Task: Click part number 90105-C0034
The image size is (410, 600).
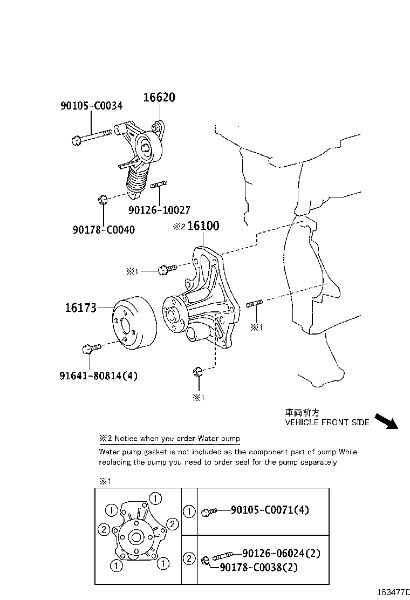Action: coord(91,106)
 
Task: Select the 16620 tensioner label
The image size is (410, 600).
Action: coord(159,98)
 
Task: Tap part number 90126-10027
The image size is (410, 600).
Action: coord(159,210)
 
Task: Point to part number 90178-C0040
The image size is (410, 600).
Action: coord(104,230)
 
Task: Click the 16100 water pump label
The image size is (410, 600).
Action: coord(203,226)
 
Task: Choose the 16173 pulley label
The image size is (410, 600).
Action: coord(81,308)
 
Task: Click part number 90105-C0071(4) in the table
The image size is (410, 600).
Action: coord(270,510)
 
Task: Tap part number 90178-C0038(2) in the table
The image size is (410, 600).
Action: coord(258,567)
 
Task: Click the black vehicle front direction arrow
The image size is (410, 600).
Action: coord(386,420)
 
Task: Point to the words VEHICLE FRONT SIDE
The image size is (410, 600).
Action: coord(327,422)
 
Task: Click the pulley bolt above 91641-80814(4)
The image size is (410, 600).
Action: coord(91,349)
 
